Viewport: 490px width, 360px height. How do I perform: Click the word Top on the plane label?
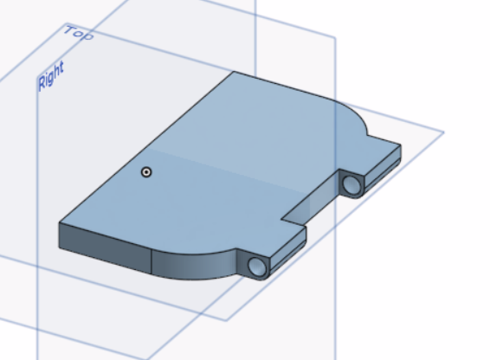(x=79, y=33)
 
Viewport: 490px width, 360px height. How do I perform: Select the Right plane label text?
(x=51, y=76)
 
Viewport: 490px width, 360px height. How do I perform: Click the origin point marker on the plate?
(x=146, y=172)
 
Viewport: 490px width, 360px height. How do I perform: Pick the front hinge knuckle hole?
(x=258, y=267)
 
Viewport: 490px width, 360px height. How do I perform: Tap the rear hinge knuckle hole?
(x=351, y=184)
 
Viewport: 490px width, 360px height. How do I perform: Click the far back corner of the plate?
(x=234, y=72)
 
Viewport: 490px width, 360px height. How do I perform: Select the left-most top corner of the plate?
(x=59, y=222)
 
